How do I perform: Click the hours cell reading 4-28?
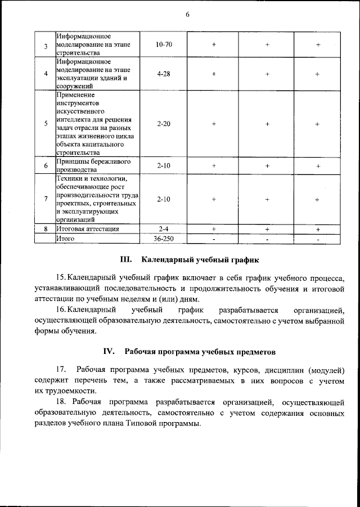[x=164, y=74]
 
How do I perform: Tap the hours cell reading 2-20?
[x=164, y=124]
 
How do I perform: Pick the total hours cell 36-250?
[x=164, y=239]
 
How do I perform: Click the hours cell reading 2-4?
[x=164, y=229]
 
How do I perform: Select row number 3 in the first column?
[x=45, y=45]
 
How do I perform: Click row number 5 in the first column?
[x=45, y=124]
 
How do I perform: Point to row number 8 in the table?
[x=45, y=229]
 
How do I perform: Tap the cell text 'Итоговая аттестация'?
[x=87, y=229]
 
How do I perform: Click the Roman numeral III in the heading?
[x=126, y=261]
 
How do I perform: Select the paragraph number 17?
[x=61, y=370]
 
